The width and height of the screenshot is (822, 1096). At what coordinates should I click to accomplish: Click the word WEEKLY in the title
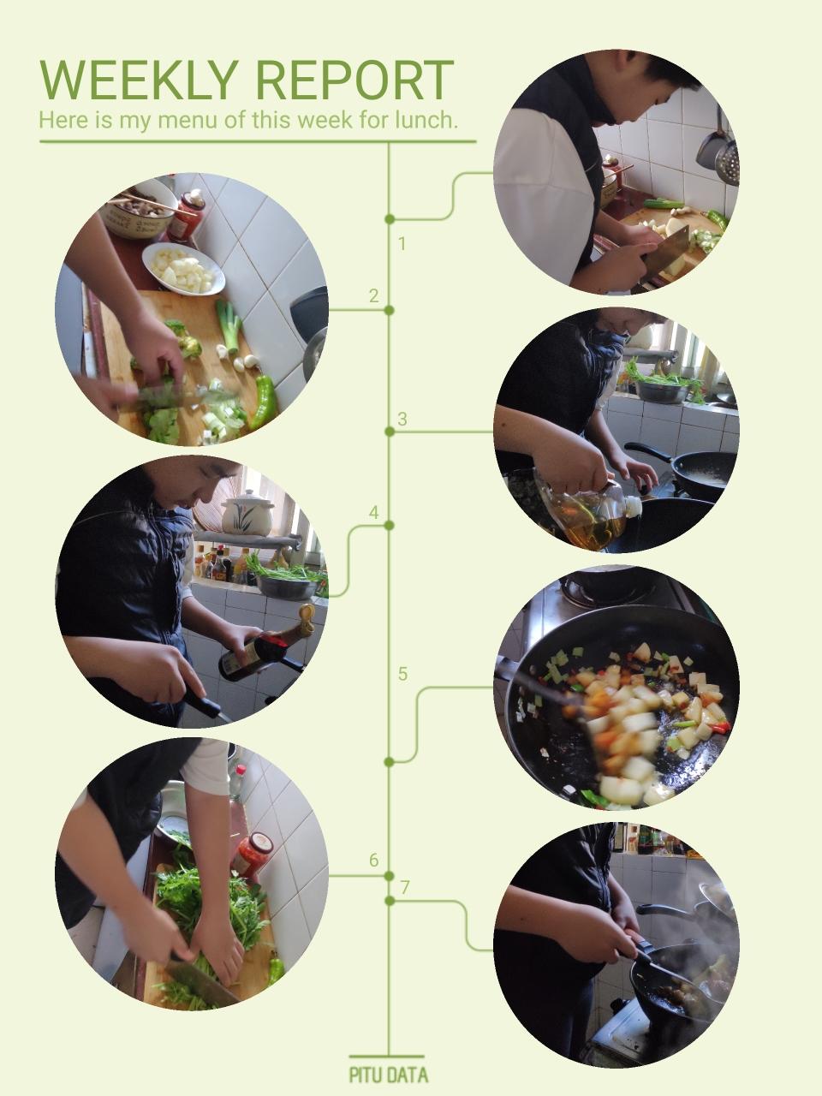138,80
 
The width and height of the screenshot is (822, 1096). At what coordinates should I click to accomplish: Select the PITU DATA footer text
388,1071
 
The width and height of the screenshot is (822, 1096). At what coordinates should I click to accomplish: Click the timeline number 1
402,244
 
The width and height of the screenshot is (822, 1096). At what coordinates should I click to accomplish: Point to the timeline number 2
374,296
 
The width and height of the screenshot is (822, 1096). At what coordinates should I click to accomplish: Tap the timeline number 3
402,419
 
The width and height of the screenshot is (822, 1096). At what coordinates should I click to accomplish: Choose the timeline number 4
374,513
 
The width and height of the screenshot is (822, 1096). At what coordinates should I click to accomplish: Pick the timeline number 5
402,674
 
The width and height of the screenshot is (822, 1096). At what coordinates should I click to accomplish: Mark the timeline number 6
374,861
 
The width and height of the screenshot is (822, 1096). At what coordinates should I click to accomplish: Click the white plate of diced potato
183,268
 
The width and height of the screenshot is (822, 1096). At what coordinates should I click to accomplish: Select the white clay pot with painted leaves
248,513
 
